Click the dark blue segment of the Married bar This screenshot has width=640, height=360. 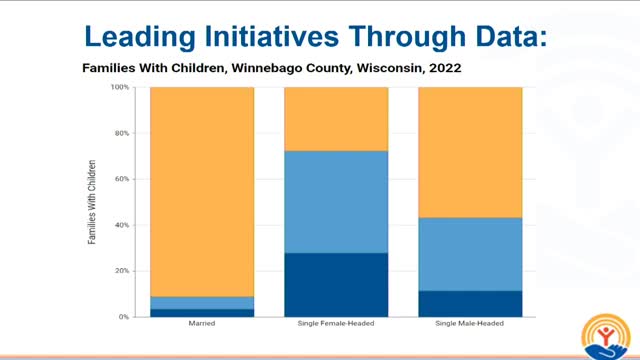tap(201, 312)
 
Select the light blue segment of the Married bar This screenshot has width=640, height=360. tap(201, 302)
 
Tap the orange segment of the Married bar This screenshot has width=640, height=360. tap(201, 190)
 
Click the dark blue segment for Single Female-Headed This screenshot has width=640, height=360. tap(336, 285)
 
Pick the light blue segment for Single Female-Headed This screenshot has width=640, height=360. tap(336, 201)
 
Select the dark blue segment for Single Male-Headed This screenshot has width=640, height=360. tap(469, 303)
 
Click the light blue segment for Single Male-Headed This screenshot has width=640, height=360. tap(469, 254)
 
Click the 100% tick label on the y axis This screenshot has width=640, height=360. tap(120, 88)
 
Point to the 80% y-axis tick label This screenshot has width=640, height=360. tap(122, 133)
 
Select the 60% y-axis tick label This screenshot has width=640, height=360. tap(122, 179)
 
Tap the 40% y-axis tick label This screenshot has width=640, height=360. tap(122, 225)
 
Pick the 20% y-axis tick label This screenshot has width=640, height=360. tap(122, 271)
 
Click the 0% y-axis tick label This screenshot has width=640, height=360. tap(124, 317)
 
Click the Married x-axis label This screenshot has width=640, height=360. tap(201, 325)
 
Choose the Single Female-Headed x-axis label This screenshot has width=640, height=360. tap(336, 325)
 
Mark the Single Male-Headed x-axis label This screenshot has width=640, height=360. tap(469, 325)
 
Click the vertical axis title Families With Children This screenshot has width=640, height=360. tap(93, 202)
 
